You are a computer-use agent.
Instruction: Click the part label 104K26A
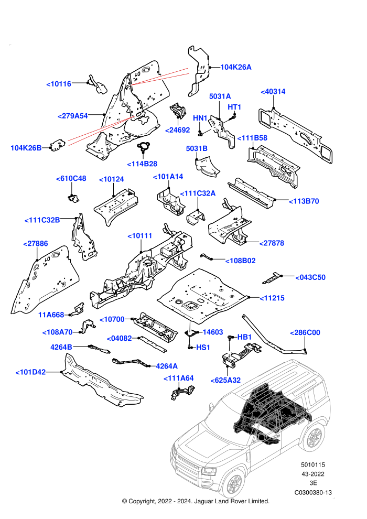click(x=236, y=67)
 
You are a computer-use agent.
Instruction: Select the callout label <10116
click(x=59, y=84)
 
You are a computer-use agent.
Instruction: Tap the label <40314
click(x=273, y=92)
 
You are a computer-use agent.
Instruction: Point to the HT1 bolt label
click(x=234, y=107)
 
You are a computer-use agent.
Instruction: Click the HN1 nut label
click(x=200, y=118)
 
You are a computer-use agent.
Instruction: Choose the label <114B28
click(x=142, y=164)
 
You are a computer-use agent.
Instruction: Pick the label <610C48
click(x=71, y=178)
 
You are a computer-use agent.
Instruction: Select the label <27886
click(x=36, y=244)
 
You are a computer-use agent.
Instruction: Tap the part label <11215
click(x=272, y=298)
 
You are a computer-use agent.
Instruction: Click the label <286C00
click(x=305, y=333)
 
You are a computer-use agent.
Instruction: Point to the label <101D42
click(x=30, y=372)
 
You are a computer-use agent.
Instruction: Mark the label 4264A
click(x=167, y=366)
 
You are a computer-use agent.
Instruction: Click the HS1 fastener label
click(x=203, y=348)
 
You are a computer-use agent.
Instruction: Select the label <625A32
click(x=225, y=381)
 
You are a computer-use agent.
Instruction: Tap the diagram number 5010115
click(x=313, y=465)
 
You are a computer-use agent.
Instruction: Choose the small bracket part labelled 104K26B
click(x=58, y=145)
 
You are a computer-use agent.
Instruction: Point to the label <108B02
click(x=241, y=261)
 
